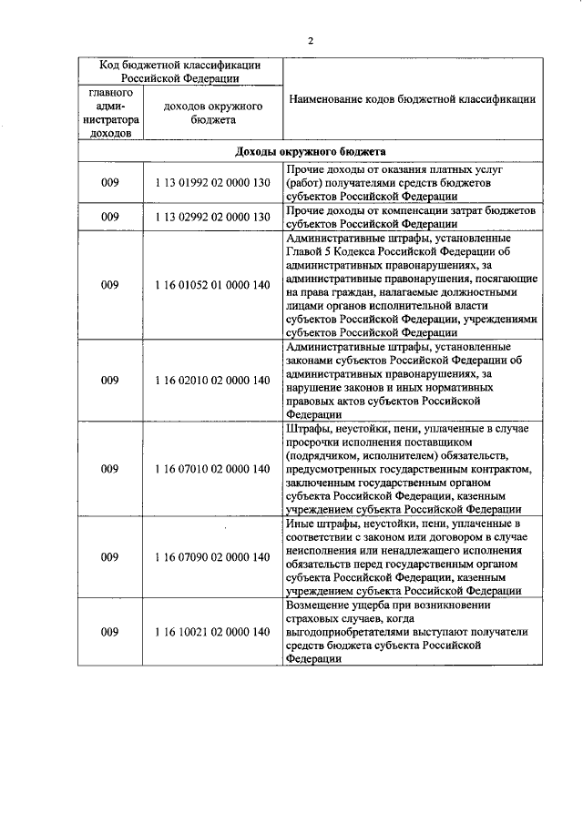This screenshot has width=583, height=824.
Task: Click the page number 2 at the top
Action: (x=311, y=40)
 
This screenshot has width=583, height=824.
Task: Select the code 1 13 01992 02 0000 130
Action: (x=213, y=183)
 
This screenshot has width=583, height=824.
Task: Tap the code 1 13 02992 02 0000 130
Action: (x=213, y=217)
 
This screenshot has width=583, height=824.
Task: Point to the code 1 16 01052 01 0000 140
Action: (x=213, y=285)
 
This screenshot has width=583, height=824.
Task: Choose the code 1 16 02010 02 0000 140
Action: (x=213, y=380)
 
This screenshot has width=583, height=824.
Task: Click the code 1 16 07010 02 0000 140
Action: (x=213, y=469)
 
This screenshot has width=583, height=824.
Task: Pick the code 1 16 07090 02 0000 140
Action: (x=213, y=556)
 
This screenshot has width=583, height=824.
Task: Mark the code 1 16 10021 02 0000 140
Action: (x=213, y=632)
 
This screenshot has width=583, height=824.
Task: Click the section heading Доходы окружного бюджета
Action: (x=311, y=150)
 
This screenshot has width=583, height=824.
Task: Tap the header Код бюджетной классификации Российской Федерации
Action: (x=180, y=71)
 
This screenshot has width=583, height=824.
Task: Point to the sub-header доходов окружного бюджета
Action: (x=213, y=113)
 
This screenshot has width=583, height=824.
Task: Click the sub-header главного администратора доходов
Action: (x=110, y=113)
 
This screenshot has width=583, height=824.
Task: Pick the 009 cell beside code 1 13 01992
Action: (x=110, y=183)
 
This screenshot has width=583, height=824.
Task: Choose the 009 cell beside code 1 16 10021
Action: (x=110, y=632)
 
